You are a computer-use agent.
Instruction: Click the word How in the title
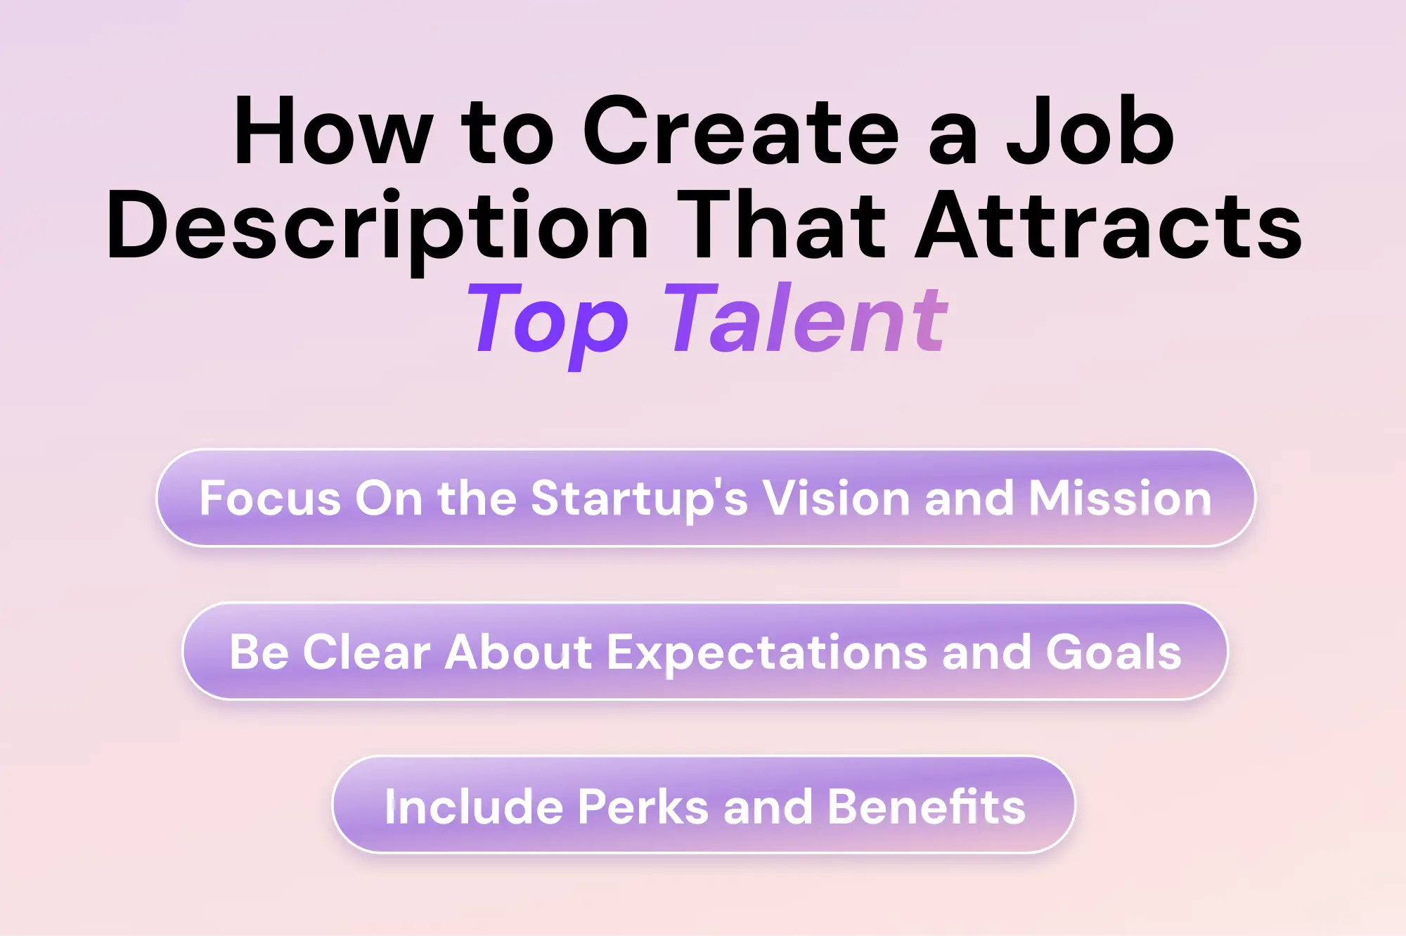(x=333, y=132)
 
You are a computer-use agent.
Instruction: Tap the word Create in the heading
(x=741, y=132)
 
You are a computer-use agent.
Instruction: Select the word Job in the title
(x=1090, y=132)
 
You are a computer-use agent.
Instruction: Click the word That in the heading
(x=781, y=226)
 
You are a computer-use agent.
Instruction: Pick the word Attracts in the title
(x=1109, y=226)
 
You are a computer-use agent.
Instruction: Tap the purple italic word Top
(x=548, y=320)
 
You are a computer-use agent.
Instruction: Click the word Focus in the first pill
(x=270, y=498)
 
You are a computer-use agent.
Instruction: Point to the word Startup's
(x=639, y=498)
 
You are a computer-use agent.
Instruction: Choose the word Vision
(x=837, y=498)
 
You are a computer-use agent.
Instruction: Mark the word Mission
(x=1120, y=498)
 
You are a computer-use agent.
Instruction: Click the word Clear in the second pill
(x=366, y=652)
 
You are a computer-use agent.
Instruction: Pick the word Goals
(x=1114, y=652)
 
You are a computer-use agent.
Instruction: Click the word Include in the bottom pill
(x=474, y=806)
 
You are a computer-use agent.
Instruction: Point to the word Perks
(x=643, y=806)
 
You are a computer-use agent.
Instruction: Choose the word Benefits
(x=926, y=806)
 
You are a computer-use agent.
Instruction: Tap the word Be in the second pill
(x=259, y=652)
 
